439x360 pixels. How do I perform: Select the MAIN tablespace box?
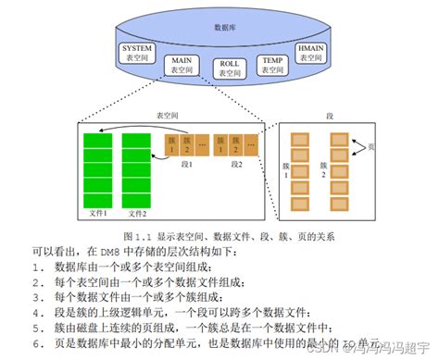182,65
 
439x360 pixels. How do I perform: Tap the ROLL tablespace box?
228,68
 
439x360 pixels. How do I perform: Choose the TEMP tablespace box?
272,65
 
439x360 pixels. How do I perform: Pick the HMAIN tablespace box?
309,51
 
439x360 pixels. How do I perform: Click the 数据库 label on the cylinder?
223,28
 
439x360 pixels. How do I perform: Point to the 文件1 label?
99,214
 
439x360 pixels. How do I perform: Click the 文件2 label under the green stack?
135,214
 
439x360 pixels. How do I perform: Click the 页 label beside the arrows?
370,147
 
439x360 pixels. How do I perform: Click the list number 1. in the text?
37,267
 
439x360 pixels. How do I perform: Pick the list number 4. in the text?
37,313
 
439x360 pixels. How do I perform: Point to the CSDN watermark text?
324,349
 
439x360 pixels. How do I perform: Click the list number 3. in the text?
37,297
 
